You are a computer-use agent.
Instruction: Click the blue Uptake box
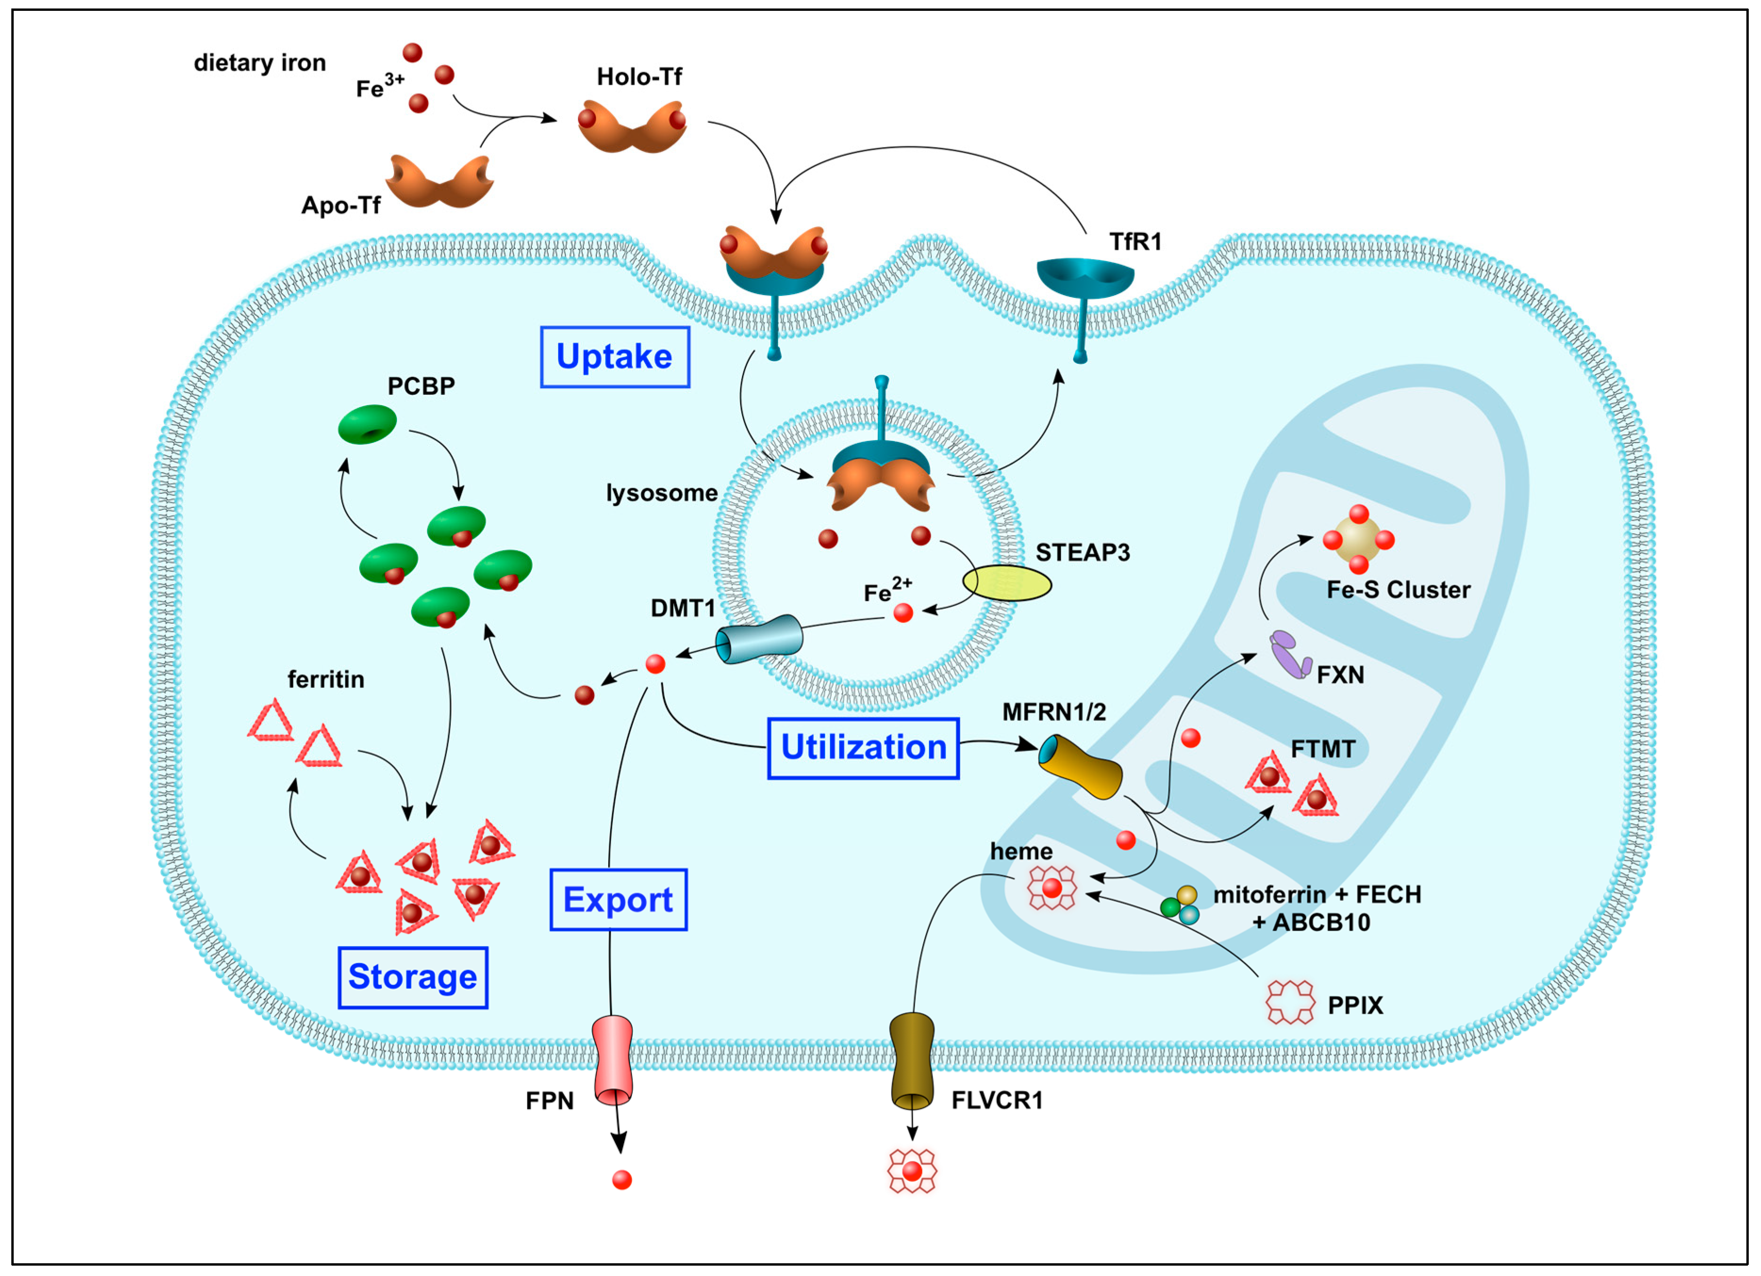(x=614, y=357)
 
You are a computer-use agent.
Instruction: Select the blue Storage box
(x=413, y=977)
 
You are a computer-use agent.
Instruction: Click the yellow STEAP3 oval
(x=1007, y=584)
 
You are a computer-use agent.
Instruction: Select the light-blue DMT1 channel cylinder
(x=759, y=639)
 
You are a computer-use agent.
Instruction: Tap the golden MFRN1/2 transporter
(x=1080, y=766)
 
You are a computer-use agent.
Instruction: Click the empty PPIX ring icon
(x=1290, y=1002)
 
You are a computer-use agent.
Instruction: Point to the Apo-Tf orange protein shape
(x=440, y=181)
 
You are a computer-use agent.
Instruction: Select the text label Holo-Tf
(x=639, y=77)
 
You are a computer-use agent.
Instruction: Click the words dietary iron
(x=259, y=63)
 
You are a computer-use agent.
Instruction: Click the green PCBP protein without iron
(x=367, y=424)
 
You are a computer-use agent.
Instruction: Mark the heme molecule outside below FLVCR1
(x=912, y=1170)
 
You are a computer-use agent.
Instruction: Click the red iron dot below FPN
(x=622, y=1180)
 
